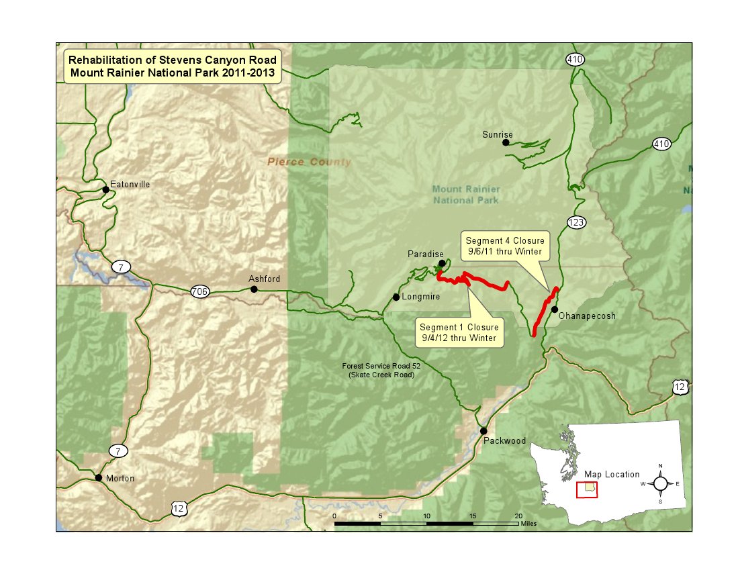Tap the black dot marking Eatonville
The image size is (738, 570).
105,190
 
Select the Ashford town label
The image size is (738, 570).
264,279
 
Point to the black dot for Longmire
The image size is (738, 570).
396,297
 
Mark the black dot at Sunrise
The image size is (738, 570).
506,142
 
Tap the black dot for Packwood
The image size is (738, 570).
483,430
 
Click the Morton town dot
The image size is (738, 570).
99,478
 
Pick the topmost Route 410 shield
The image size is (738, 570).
574,59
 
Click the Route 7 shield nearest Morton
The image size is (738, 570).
118,450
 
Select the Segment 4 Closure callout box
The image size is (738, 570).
505,246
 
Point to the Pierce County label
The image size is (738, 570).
309,162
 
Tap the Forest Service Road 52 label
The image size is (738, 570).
377,370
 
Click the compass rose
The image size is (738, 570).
661,483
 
